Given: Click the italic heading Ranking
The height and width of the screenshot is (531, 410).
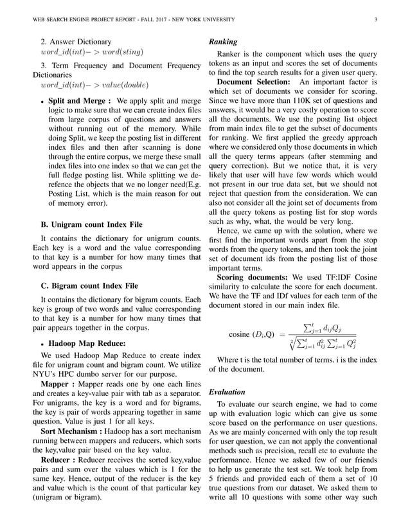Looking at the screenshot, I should pyautogui.click(x=223, y=42).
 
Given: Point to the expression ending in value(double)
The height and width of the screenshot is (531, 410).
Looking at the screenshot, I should pyautogui.click(x=94, y=84).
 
